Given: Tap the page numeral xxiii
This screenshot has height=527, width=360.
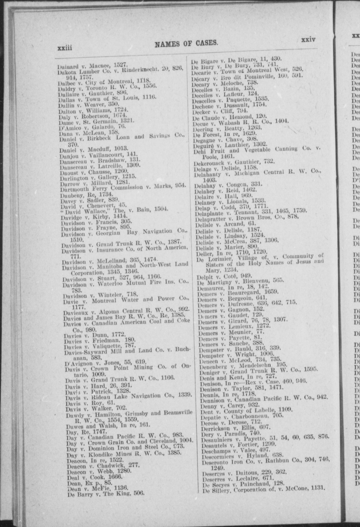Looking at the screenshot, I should [64, 48].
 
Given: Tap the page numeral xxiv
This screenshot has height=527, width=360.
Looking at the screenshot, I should [308, 40].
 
